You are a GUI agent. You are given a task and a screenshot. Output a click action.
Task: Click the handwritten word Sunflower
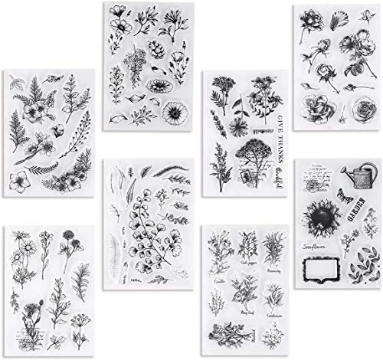pyautogui.click(x=321, y=249)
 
